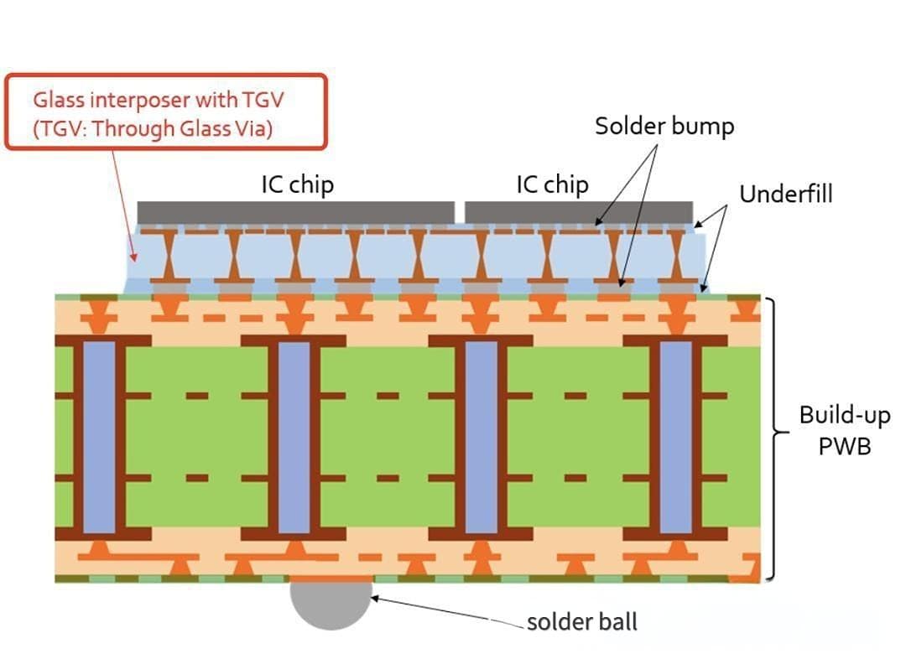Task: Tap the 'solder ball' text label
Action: pos(582,622)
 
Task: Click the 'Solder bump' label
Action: pos(664,126)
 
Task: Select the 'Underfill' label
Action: pos(786,194)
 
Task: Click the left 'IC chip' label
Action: pos(297,184)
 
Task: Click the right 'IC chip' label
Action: pos(552,184)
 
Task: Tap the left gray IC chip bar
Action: pos(295,212)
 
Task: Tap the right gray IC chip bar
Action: pos(579,212)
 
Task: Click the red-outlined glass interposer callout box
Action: pos(165,112)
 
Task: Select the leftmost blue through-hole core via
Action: pos(99,437)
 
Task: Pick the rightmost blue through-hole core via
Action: pos(675,437)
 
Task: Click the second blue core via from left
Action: pos(294,437)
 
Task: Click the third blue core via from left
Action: pos(481,437)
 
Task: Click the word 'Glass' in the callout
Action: pos(58,100)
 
